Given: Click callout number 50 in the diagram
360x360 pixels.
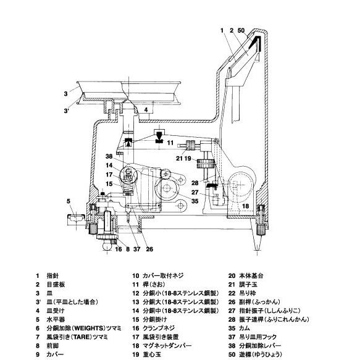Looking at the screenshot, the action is point(241,30).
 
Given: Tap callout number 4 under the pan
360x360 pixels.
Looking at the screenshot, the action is point(146,110).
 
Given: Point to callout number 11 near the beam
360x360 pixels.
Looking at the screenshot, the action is point(170,143).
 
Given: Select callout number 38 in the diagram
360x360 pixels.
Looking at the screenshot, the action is point(109,156).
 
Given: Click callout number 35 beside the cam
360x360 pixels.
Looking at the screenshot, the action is point(195,201).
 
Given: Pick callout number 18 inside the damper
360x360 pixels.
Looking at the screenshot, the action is point(245,206).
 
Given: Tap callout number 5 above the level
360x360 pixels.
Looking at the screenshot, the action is point(69,201).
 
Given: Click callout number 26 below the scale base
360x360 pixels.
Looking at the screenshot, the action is point(149,249).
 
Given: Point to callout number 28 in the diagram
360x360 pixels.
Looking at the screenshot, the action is point(195,183).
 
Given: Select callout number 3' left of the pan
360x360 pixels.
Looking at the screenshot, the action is point(66,111).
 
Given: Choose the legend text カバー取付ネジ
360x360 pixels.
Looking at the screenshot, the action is point(163,275).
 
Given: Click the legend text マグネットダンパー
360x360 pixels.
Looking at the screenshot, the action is point(167,346).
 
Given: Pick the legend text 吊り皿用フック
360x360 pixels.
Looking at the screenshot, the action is point(258,337).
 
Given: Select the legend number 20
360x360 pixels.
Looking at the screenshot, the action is point(232,275).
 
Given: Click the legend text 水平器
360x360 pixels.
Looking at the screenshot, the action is point(56,320).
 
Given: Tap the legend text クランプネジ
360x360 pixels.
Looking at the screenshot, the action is point(159,329).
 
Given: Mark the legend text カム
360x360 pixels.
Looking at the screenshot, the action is point(245,329).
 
